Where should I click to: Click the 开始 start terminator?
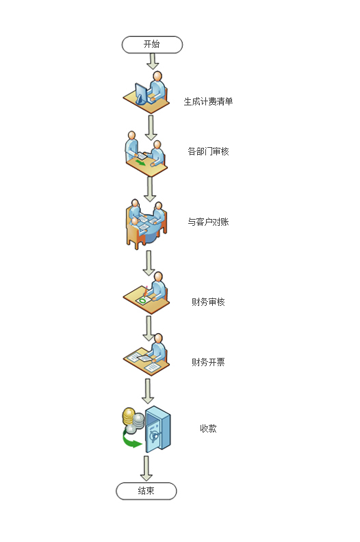tap(152, 44)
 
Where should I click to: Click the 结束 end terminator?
tap(146, 491)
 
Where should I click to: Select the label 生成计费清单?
tap(208, 101)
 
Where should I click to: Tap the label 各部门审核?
tap(208, 151)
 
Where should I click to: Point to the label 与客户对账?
tap(208, 222)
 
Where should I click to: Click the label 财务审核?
tap(208, 302)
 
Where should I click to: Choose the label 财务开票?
tap(208, 362)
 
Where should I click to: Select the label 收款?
tap(208, 428)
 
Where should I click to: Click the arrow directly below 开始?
tap(152, 62)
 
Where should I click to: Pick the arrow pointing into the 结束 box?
tap(146, 468)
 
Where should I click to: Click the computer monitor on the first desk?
tap(140, 93)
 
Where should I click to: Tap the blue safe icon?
tap(157, 429)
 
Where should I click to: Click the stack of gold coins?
tap(129, 417)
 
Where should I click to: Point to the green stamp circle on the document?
tap(142, 300)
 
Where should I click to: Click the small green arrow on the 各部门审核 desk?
tap(141, 162)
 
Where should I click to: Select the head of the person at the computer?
tap(157, 77)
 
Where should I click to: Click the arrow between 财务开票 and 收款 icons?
tap(148, 391)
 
